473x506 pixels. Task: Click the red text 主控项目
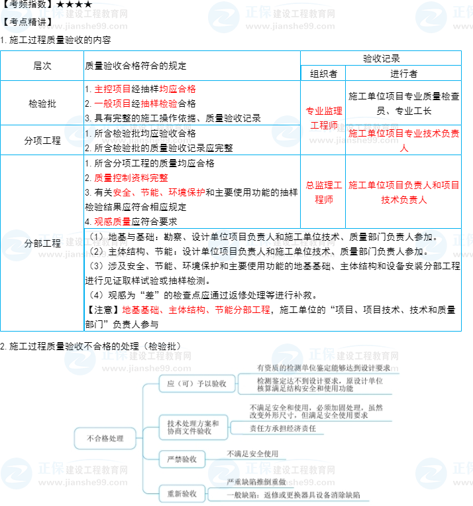pos(113,89)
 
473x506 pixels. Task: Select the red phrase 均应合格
pos(178,89)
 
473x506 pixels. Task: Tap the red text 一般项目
pos(113,103)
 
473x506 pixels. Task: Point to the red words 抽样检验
pos(159,103)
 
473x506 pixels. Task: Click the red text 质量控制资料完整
pos(131,178)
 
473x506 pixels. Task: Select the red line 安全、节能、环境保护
pos(159,192)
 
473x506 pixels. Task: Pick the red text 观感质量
pos(113,221)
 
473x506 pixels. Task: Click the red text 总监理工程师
pos(323,192)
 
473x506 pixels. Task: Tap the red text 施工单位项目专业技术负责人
pos(404,140)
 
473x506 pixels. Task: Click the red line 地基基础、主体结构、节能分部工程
pos(196,310)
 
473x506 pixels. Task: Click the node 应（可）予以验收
pos(192,383)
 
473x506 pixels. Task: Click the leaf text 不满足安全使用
pos(252,454)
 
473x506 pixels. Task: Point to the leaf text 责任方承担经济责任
pos(282,428)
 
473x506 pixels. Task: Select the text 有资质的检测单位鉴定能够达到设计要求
pos(323,367)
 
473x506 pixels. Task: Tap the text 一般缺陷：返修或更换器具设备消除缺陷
pos(293,495)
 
